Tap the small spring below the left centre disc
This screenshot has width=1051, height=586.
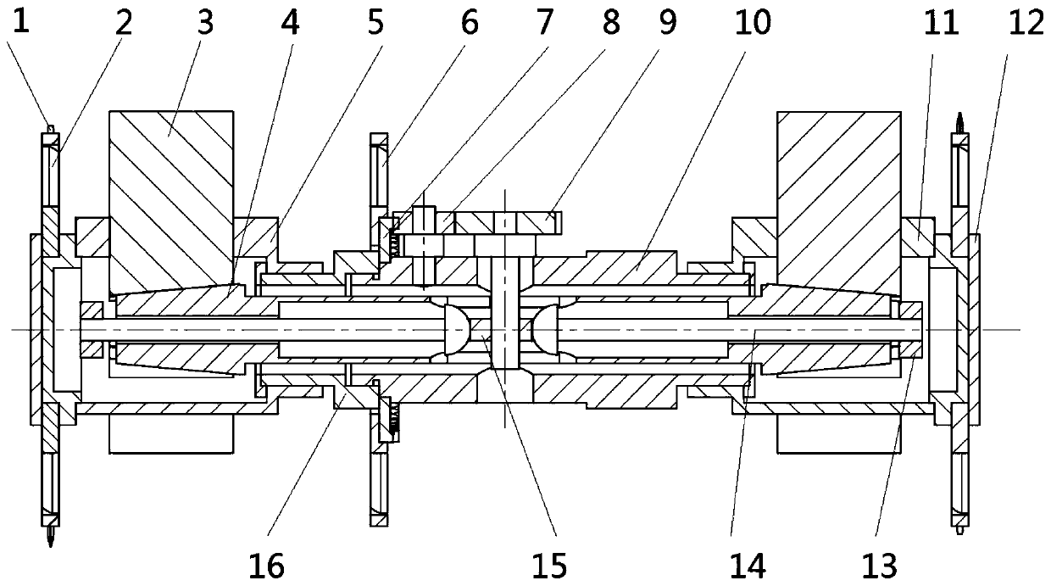[393, 416]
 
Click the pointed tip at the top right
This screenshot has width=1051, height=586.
[960, 119]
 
